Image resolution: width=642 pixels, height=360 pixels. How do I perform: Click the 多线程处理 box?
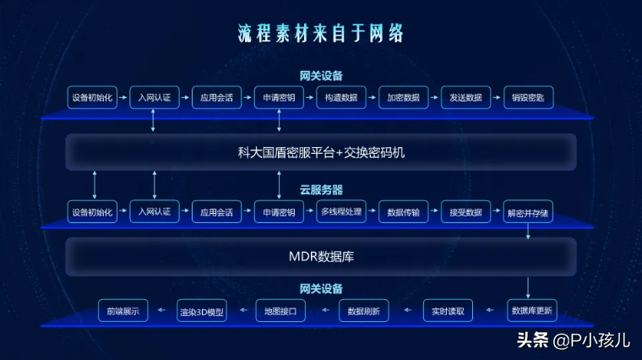[341, 211]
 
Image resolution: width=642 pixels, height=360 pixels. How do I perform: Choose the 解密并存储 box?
[528, 211]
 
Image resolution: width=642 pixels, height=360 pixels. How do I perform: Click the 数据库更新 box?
[532, 311]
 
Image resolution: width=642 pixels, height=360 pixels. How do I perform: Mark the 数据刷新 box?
[364, 311]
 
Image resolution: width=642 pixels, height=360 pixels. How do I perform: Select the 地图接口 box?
[281, 311]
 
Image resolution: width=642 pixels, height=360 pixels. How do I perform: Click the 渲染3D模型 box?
[202, 311]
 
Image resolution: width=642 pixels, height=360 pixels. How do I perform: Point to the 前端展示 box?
[123, 311]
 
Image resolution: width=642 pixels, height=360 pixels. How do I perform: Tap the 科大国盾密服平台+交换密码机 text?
[321, 153]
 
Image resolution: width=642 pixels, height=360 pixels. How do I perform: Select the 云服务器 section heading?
[321, 190]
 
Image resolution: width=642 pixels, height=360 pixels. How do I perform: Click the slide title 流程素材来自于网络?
[321, 34]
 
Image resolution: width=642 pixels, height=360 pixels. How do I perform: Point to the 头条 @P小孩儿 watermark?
[573, 341]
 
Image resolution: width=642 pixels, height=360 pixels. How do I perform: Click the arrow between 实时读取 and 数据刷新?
[406, 311]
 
